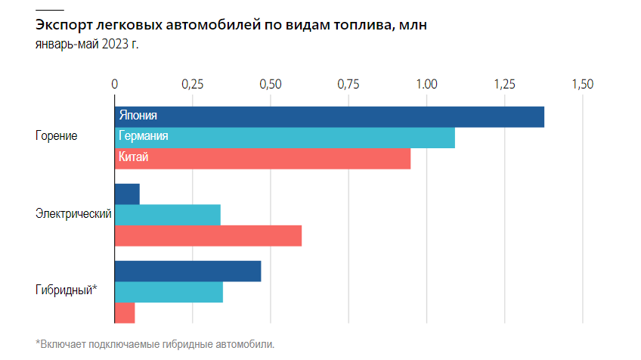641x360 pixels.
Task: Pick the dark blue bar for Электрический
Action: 127,194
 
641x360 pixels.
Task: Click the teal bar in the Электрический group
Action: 168,215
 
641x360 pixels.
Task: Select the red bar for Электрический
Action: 208,236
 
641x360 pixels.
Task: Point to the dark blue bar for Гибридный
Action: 187,272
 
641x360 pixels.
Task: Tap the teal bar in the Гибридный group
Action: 169,292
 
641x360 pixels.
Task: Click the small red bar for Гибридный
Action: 125,313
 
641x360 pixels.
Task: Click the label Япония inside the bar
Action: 138,116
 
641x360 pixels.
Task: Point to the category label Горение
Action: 57,136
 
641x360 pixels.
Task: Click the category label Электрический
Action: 73,214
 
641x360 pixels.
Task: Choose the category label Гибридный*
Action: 67,290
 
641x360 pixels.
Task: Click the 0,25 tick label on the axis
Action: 193,84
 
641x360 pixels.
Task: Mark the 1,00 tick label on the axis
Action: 426,84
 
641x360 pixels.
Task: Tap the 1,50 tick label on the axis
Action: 583,84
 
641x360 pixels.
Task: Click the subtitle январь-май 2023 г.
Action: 87,44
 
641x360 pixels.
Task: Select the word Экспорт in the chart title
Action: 63,26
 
